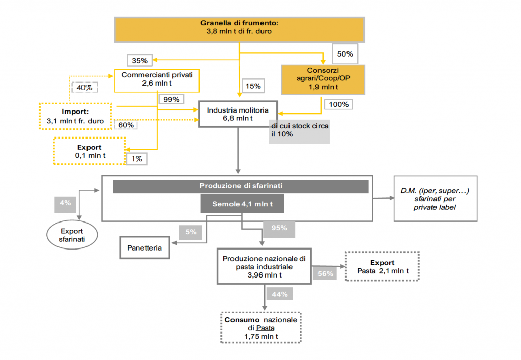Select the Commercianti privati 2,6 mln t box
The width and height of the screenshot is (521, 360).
157,80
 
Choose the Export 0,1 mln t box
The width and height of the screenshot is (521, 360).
90,151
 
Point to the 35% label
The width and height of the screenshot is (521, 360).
139,60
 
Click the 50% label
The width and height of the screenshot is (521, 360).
345,53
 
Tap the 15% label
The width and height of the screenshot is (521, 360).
253,86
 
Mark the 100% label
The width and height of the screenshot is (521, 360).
339,104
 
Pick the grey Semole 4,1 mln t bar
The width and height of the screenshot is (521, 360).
241,204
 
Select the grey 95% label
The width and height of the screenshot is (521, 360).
279,228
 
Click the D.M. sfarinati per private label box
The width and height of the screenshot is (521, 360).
436,198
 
